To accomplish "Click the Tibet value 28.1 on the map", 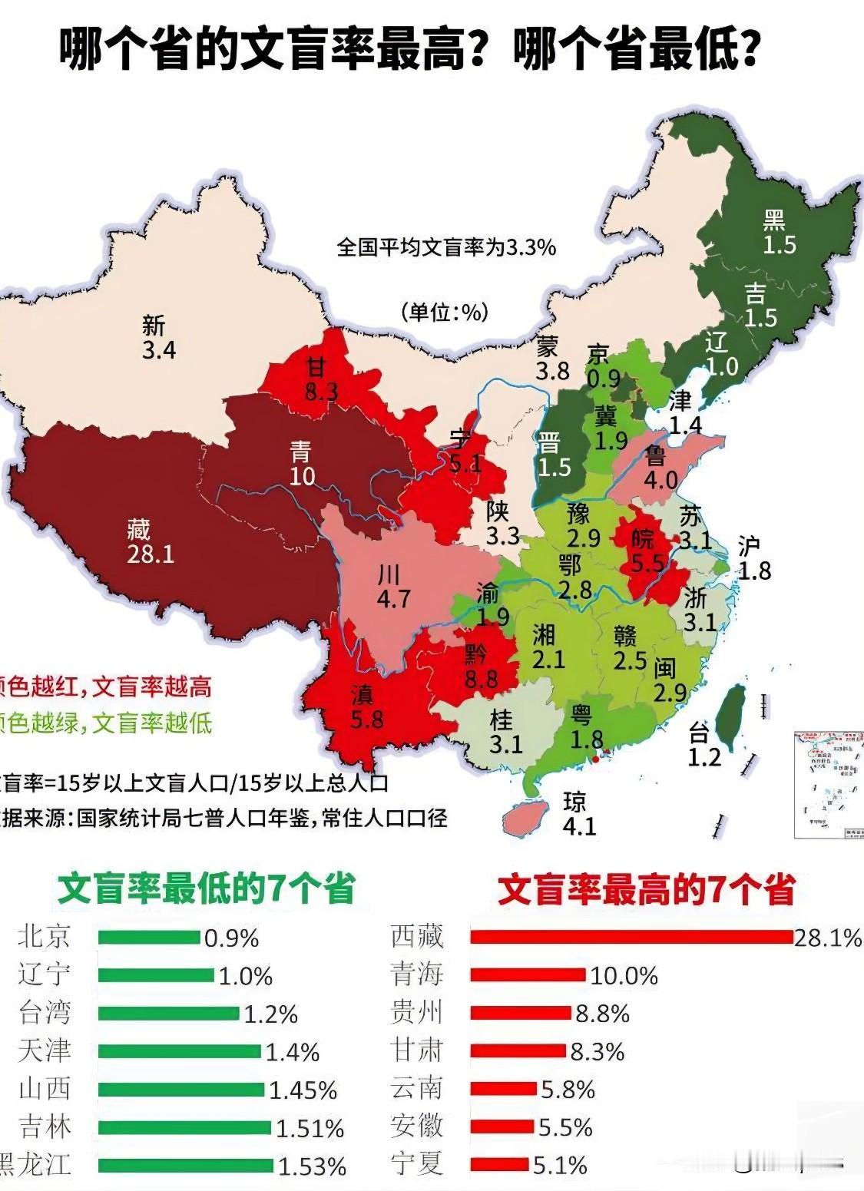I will (x=151, y=554).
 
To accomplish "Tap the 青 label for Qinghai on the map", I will (x=301, y=452).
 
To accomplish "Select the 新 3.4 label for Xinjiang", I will (x=158, y=338).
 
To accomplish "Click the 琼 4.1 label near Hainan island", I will (x=578, y=814).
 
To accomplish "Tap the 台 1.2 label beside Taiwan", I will (x=703, y=746).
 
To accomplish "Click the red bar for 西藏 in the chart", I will (x=631, y=937).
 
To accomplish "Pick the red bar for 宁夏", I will (x=499, y=1164).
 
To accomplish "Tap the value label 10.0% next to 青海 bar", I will (x=624, y=975).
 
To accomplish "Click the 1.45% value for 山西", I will (x=303, y=1090).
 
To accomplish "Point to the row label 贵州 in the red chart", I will (x=417, y=1012).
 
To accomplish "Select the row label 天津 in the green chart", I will (x=45, y=1050).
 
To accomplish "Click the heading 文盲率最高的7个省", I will (x=646, y=891).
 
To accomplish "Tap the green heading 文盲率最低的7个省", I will (x=207, y=889).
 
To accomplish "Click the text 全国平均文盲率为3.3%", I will (x=446, y=248).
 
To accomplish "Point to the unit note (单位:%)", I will (x=445, y=313).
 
